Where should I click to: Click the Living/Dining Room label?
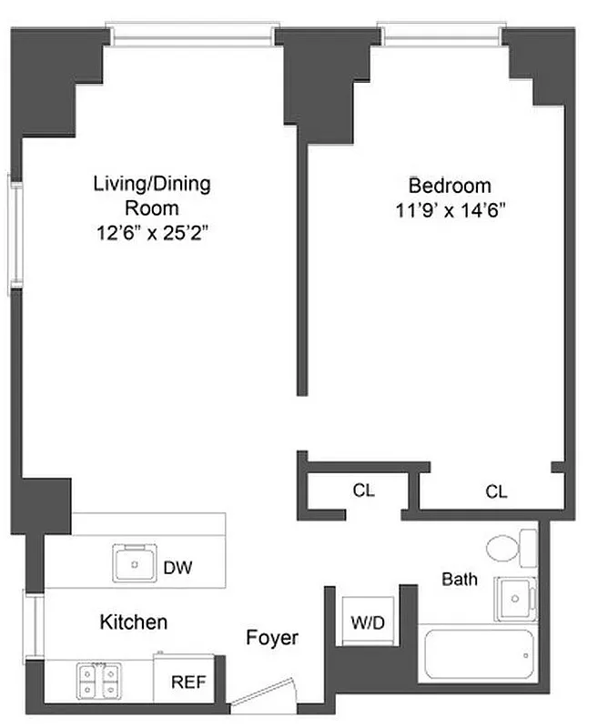tap(152, 196)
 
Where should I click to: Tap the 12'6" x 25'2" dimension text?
tap(152, 234)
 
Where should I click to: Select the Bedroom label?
tap(449, 186)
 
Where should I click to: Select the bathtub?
tap(478, 653)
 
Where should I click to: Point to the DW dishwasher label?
tap(177, 568)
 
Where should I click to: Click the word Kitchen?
tap(133, 622)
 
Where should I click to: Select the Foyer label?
tap(272, 638)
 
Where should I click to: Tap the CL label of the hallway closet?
tap(363, 490)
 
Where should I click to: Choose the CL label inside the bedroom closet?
tap(495, 491)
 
